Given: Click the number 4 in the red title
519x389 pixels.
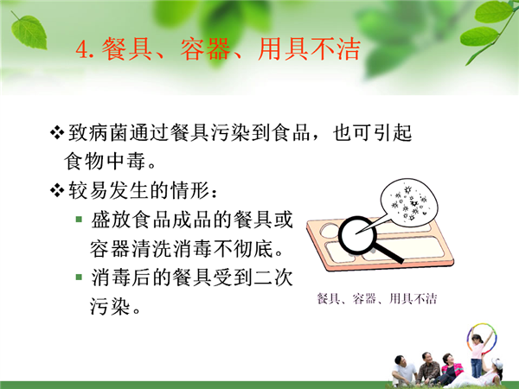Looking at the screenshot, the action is point(81,49).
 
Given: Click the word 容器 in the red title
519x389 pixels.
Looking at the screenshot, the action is point(205,49).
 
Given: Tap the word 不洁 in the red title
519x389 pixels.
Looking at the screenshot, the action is point(335,49).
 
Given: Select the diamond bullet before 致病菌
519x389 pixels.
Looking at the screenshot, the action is point(57,132).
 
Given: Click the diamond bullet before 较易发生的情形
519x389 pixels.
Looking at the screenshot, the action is point(57,190).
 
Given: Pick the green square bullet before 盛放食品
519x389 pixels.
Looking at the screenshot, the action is point(79,219).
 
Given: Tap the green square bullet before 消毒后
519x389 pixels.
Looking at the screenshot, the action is point(79,277).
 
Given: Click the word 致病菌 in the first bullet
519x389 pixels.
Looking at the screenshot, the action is point(98,132).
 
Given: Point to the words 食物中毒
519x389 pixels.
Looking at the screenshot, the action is point(105,162).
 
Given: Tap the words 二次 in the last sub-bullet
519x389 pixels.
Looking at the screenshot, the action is point(273,277).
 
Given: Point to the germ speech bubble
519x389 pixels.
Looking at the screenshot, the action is point(409,202).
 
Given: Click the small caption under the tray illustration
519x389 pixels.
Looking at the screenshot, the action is point(377,299).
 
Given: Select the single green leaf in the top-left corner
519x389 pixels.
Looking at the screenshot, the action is point(29,32).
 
